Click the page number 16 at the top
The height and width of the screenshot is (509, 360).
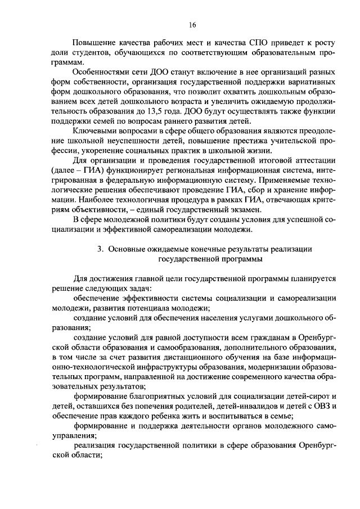pos(192,25)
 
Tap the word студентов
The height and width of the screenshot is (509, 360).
pos(93,52)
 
